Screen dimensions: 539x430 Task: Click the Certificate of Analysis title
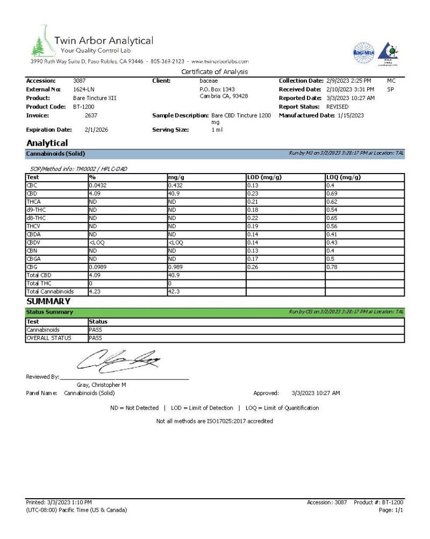[x=214, y=72]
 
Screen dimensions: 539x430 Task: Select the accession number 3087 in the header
[x=79, y=81]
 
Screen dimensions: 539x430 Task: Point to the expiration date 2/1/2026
[x=97, y=130]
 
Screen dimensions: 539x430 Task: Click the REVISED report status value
[x=337, y=106]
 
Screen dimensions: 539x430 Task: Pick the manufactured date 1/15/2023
[x=351, y=116]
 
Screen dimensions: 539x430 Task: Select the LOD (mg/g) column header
[x=264, y=177]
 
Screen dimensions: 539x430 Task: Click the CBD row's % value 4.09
[x=95, y=193]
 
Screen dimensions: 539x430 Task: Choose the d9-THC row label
[x=36, y=210]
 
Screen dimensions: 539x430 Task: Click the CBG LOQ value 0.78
[x=332, y=267]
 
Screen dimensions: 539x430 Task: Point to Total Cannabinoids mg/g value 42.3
[x=174, y=291]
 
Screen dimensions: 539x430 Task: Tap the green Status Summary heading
[x=49, y=312]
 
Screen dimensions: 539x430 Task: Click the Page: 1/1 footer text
[x=391, y=510]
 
